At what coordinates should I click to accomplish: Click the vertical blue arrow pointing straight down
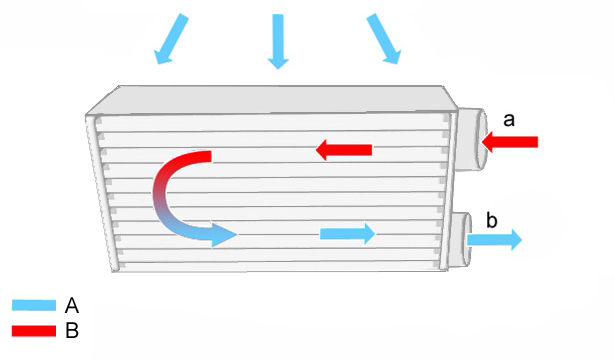(x=278, y=41)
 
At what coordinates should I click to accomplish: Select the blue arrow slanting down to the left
(x=171, y=39)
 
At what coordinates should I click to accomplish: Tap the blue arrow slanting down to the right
(x=384, y=39)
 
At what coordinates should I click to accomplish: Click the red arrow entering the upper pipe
(x=509, y=142)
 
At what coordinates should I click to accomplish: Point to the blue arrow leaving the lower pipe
(x=494, y=240)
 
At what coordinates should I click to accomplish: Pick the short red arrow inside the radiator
(x=344, y=150)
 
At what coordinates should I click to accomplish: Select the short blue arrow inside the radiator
(x=348, y=234)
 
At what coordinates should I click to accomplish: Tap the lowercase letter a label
(x=509, y=120)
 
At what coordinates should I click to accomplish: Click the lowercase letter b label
(x=491, y=220)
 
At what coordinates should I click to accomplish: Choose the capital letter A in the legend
(x=72, y=305)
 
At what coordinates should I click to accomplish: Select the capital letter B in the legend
(x=72, y=331)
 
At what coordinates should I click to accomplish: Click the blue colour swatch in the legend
(x=34, y=305)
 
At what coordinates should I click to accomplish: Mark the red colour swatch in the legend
(x=34, y=331)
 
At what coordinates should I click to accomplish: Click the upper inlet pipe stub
(x=472, y=139)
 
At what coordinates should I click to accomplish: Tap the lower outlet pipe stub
(x=461, y=239)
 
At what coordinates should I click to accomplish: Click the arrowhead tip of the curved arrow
(x=237, y=235)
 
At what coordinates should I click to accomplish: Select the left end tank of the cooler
(x=103, y=193)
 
